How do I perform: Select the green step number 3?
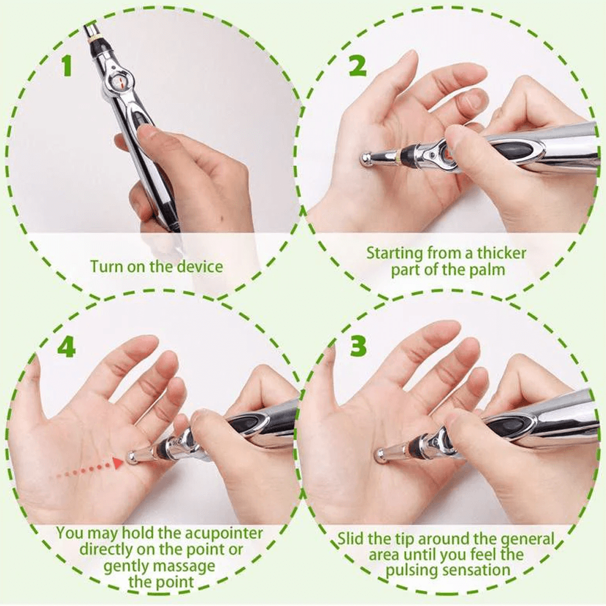point(358,346)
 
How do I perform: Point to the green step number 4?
point(65,346)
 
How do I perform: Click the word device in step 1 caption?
point(199,267)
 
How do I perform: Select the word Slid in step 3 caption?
point(351,538)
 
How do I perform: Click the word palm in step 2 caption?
point(488,269)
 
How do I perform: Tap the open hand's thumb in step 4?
point(32,388)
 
